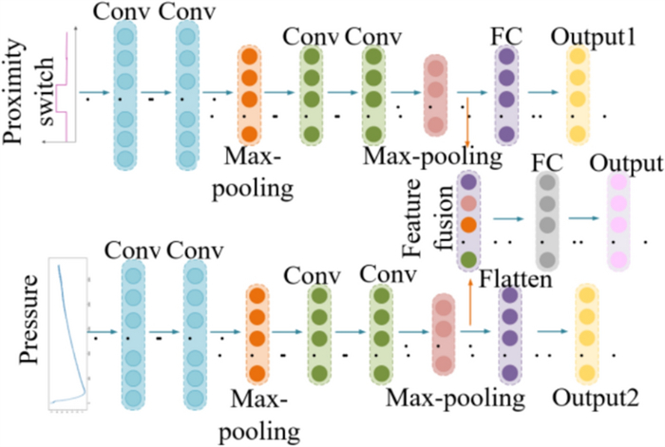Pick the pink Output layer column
(619, 221)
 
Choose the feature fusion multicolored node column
(467, 220)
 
